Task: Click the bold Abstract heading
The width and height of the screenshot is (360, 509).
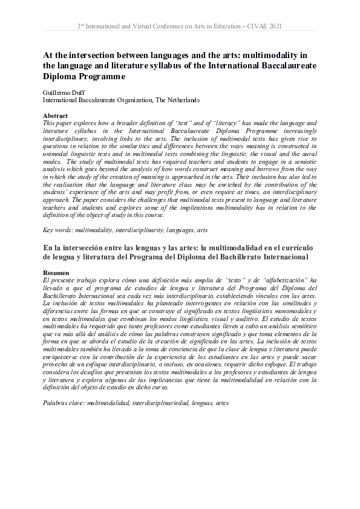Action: coord(55,115)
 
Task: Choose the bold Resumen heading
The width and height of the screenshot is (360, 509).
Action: coord(57,273)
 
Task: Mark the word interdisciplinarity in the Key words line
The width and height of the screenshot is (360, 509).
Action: coord(140,230)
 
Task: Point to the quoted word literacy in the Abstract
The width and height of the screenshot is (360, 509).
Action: coord(211,123)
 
